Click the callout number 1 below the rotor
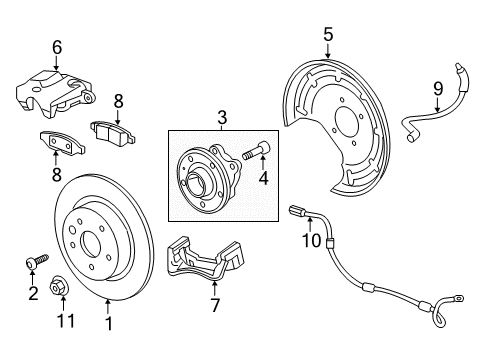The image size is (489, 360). [x=108, y=323]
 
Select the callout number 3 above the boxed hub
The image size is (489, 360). [x=221, y=118]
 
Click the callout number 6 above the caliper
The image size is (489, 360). [x=56, y=46]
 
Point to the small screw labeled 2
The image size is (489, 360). [x=34, y=262]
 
